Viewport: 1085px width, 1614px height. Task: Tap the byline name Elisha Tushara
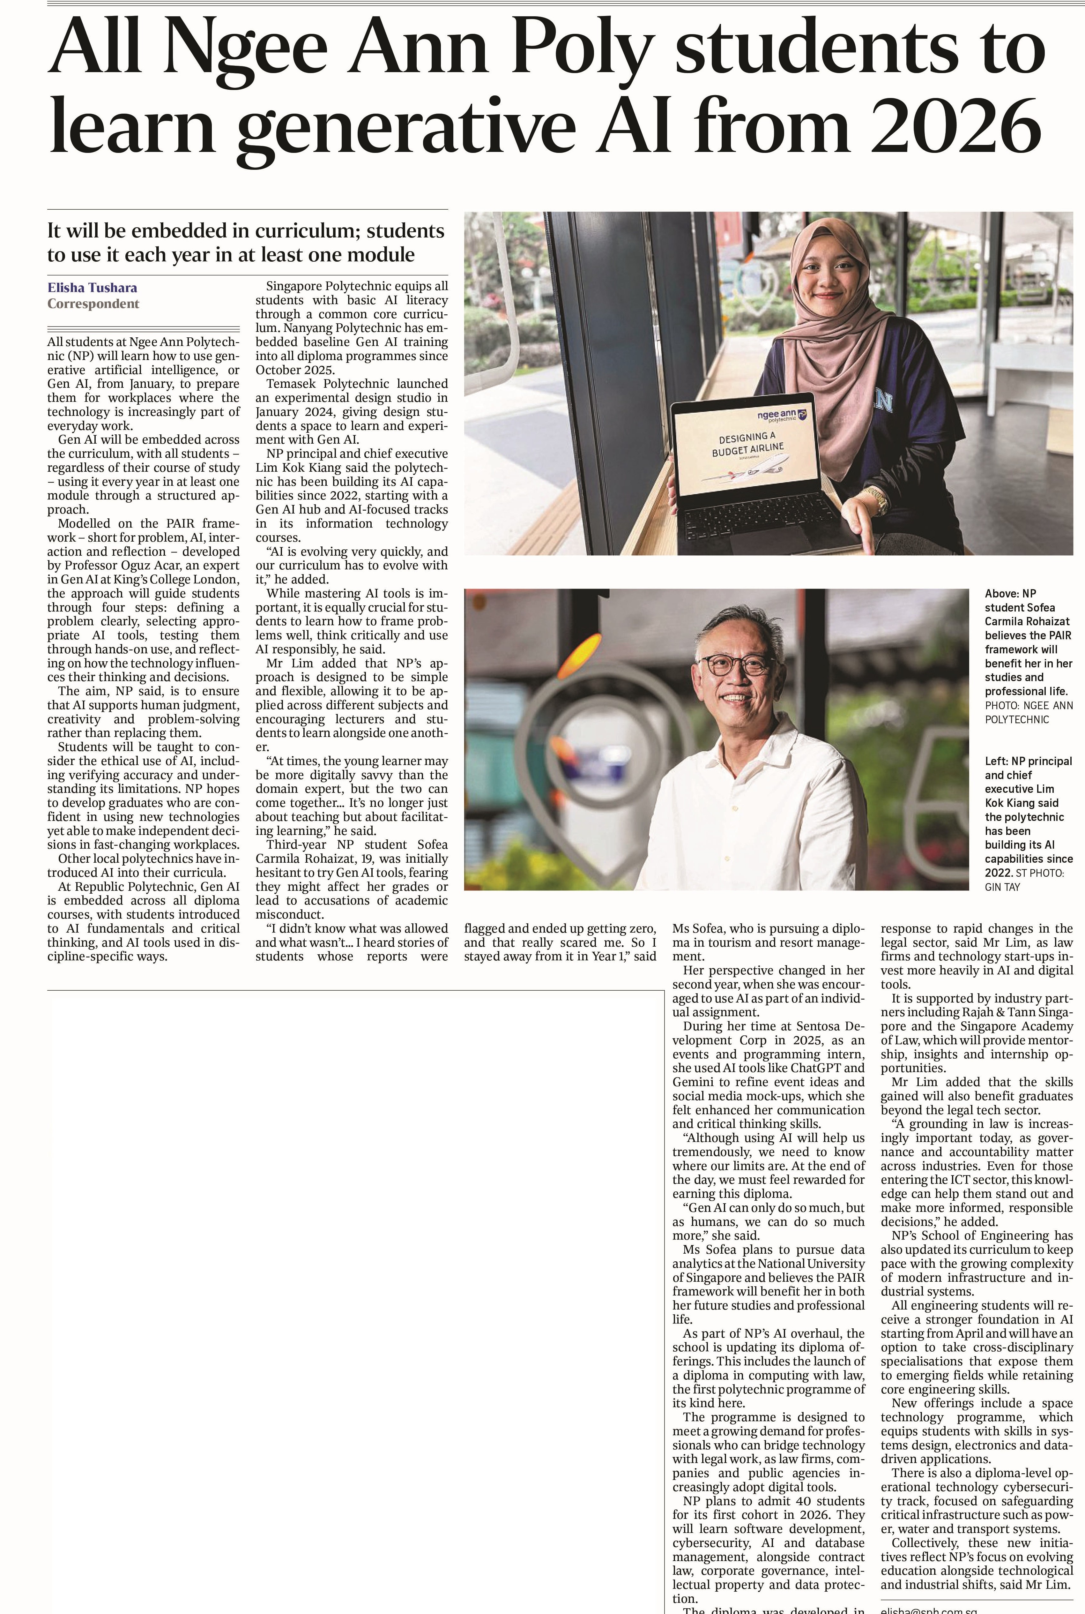point(92,287)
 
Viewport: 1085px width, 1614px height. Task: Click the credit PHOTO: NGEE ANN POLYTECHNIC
point(1028,712)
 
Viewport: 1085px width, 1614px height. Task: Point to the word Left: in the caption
point(996,761)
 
